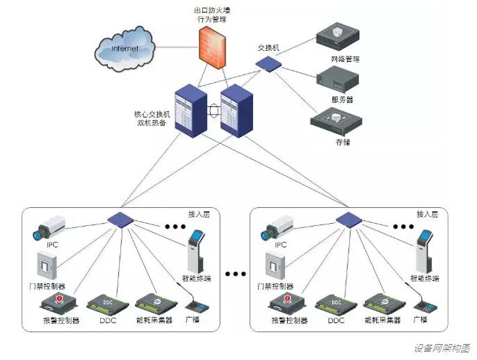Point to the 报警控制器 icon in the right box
287,303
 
